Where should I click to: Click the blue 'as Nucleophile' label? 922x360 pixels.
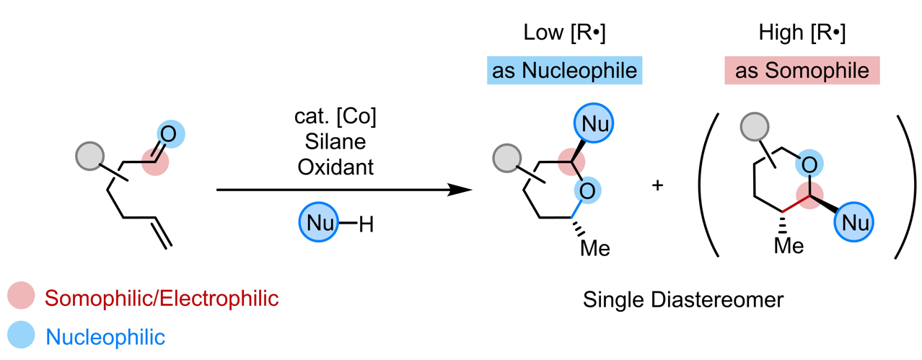565,71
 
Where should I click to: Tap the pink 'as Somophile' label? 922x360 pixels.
802,71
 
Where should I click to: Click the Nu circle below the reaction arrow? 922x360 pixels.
318,224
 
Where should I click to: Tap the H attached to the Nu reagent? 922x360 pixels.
366,224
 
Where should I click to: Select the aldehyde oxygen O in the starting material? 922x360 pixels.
169,133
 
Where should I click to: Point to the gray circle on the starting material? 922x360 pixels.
92,156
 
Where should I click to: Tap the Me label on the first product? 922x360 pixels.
595,249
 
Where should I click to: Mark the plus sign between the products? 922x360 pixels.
657,185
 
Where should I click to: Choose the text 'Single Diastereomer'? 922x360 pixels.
682,299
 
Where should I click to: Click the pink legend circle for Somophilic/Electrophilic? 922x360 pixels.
20,297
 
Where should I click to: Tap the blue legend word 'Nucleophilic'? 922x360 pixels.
105,335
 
